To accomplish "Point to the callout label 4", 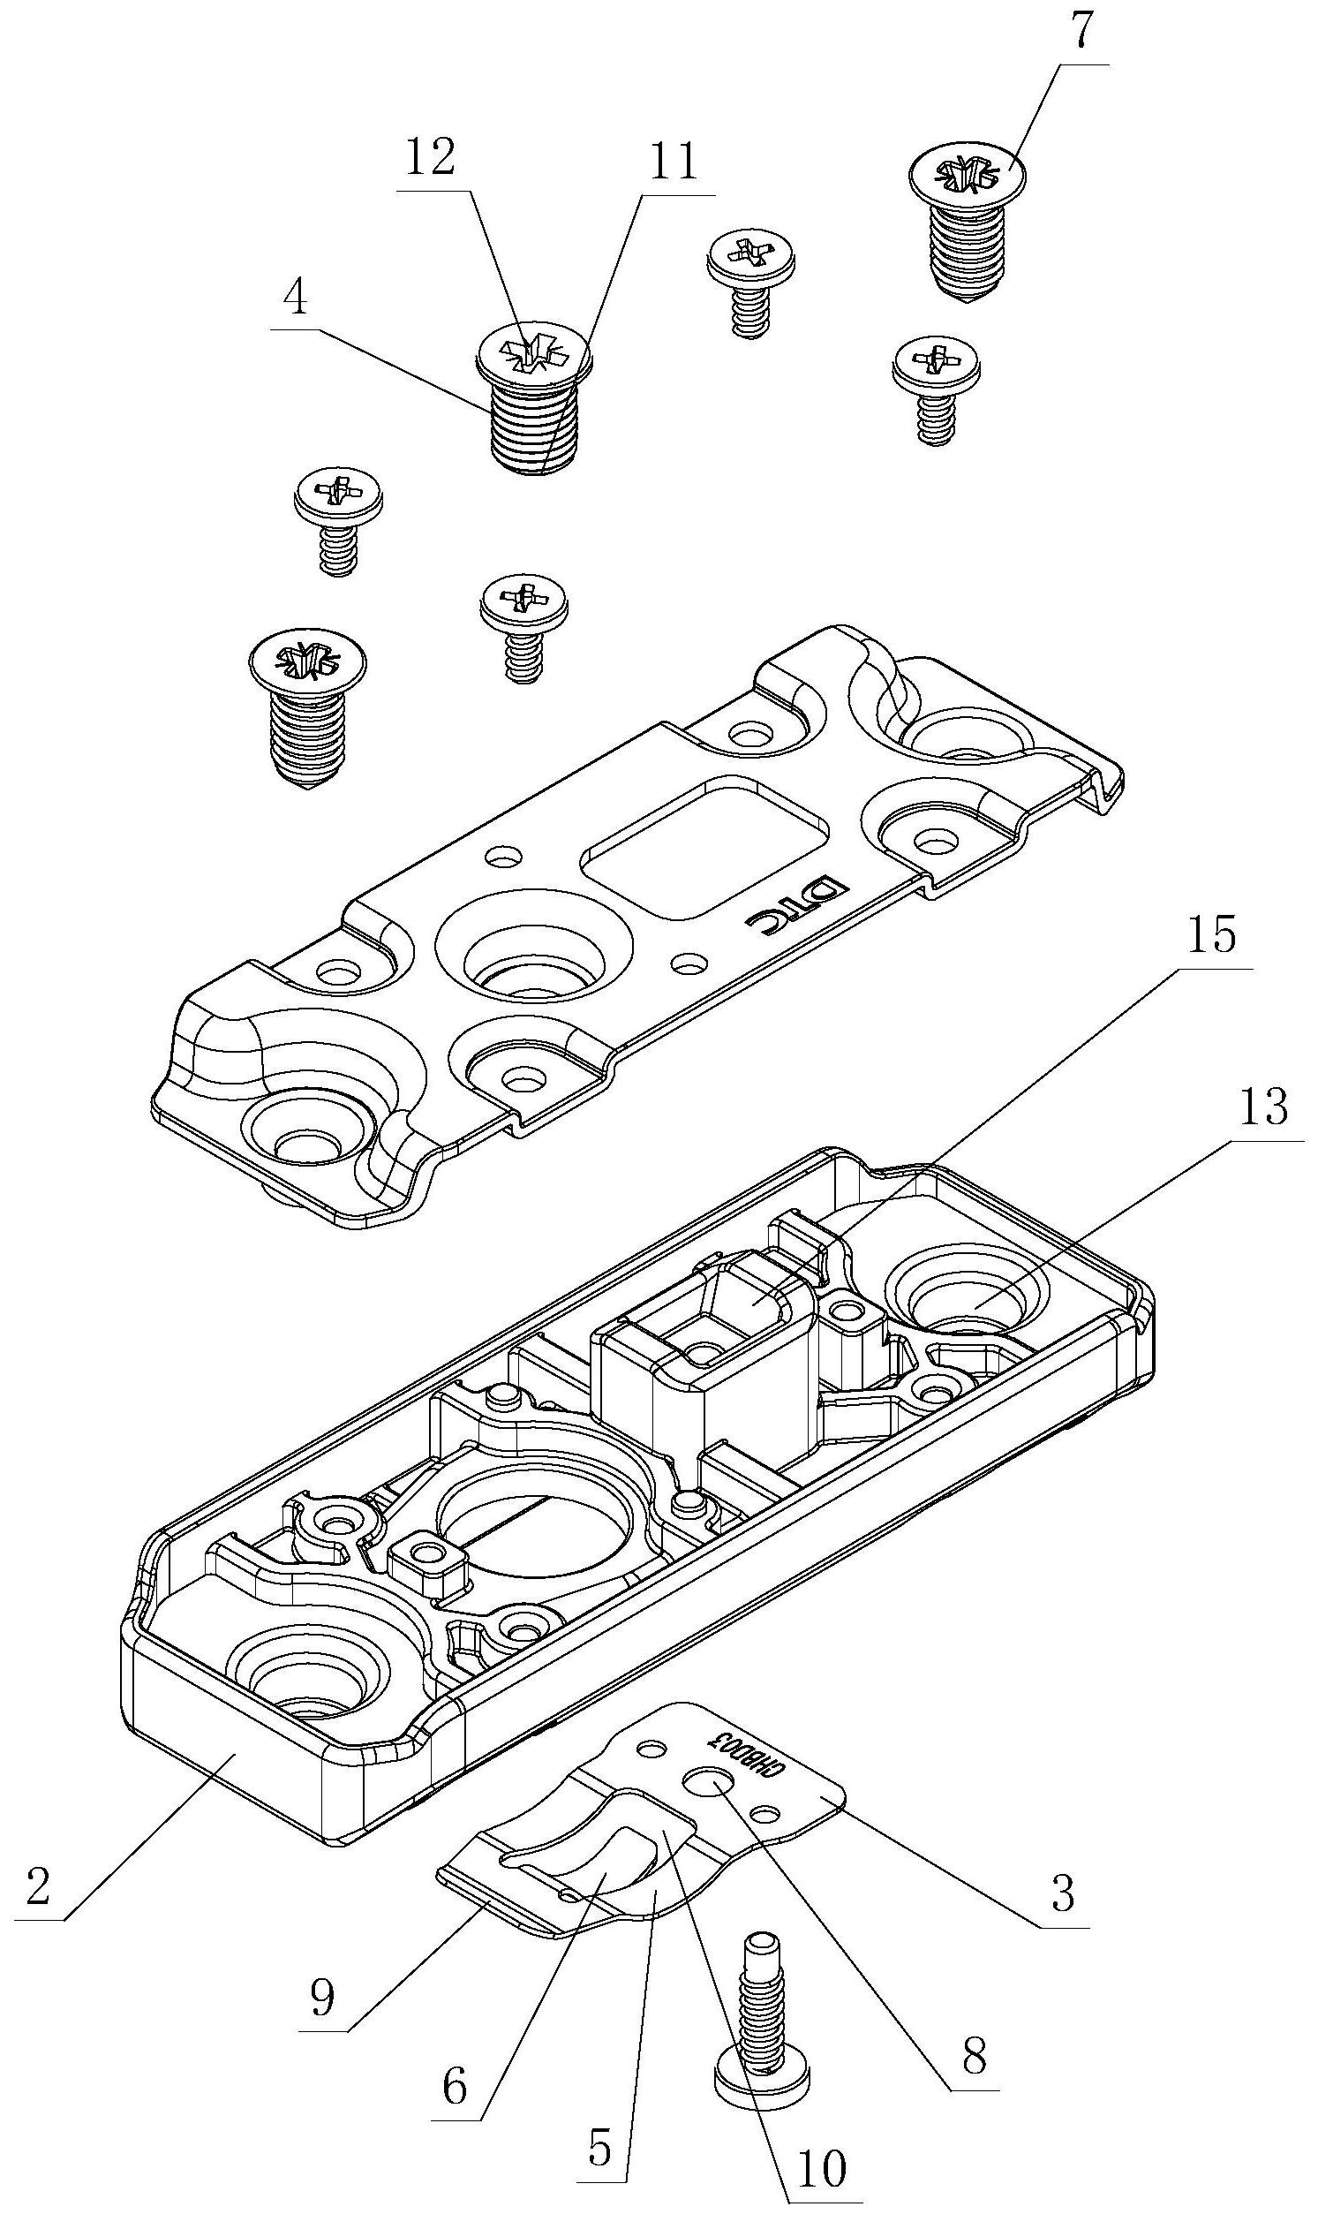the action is pos(296,299).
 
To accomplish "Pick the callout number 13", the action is pos(1265,1108).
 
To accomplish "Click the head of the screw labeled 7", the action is pos(968,172).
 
